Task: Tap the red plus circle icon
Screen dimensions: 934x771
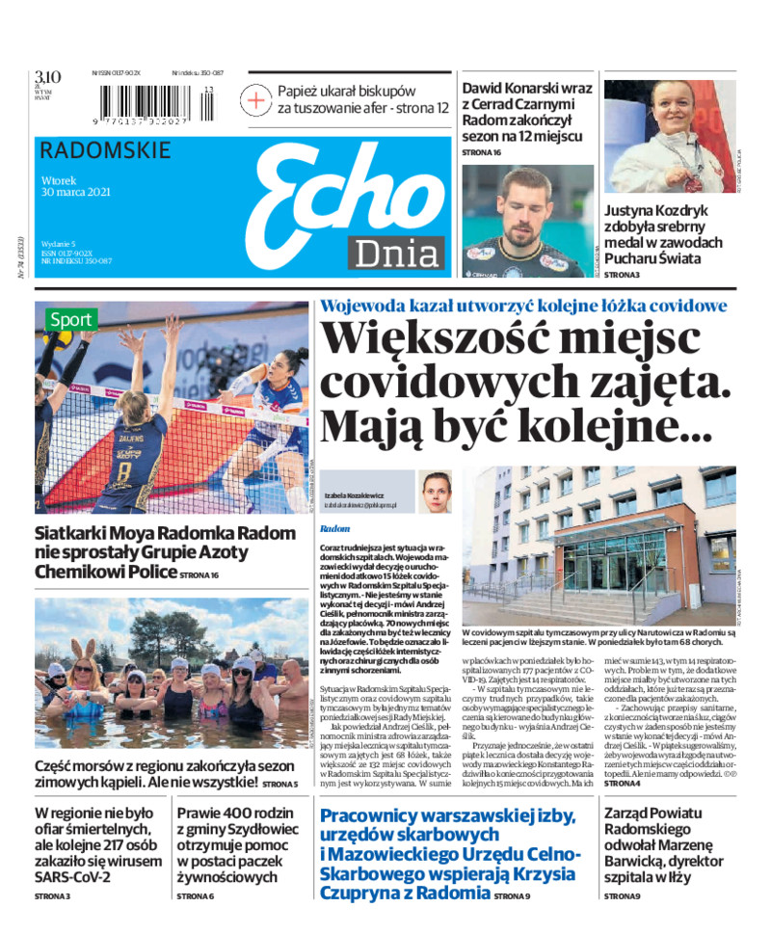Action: point(256,99)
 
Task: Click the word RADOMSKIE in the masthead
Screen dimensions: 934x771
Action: point(106,150)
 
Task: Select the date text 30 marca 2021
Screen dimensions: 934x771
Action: point(77,192)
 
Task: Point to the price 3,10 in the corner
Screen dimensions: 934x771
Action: point(48,77)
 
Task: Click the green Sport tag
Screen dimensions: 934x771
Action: point(71,319)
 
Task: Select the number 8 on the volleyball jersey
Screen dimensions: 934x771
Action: point(123,470)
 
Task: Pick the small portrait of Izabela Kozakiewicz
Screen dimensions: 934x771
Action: point(436,494)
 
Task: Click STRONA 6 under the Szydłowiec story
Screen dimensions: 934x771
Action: point(196,896)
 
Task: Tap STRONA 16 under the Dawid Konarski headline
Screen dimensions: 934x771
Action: point(482,152)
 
